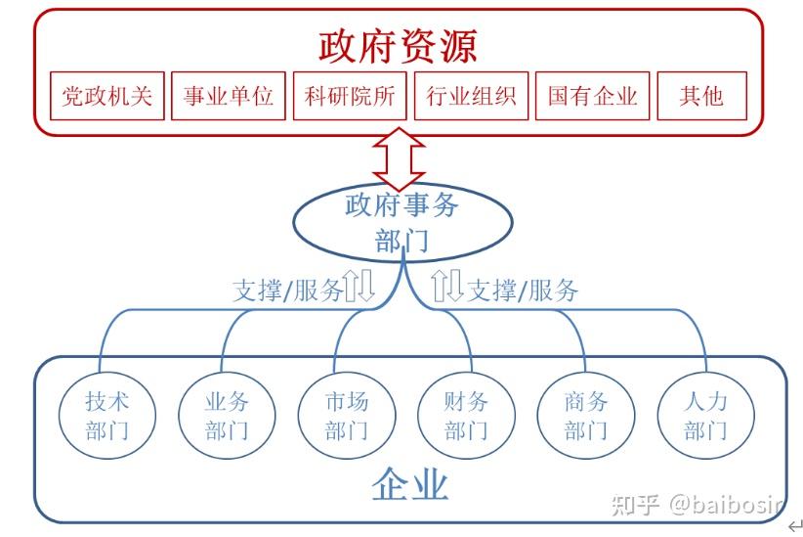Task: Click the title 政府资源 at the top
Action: (398, 45)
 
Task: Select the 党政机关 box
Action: (107, 96)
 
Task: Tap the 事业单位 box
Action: (229, 96)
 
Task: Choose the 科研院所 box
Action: (350, 96)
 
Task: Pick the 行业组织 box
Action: (471, 96)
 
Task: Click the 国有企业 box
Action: (592, 96)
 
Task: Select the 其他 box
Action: (701, 96)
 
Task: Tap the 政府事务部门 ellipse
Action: (402, 223)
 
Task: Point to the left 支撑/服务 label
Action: (287, 290)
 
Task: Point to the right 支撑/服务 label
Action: (523, 290)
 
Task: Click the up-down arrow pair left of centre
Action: (359, 286)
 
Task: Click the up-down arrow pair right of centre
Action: (447, 286)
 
